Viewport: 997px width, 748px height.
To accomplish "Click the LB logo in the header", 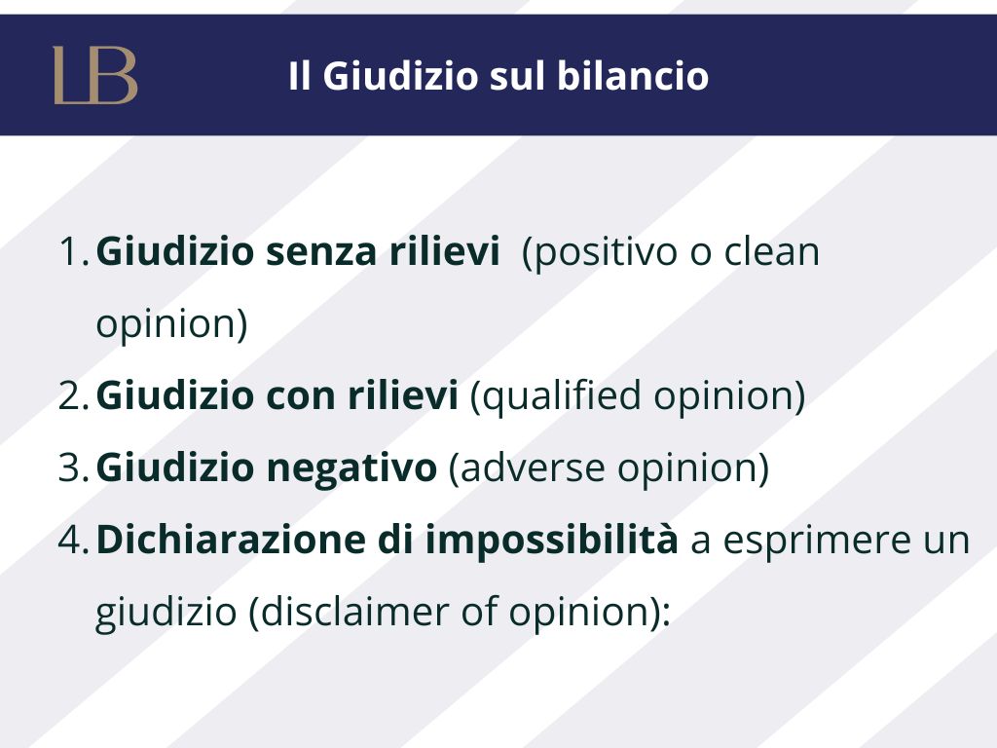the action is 95,75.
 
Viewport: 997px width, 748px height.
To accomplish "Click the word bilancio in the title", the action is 633,76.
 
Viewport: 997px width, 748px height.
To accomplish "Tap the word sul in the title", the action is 518,76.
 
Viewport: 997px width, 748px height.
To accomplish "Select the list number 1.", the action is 73,251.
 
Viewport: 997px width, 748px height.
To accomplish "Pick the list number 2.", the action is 73,395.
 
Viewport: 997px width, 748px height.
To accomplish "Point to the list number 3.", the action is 73,467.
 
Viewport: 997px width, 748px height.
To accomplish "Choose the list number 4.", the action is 73,540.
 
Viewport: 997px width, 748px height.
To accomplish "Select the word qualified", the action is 562,395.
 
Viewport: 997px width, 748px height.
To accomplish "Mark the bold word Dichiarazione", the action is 231,540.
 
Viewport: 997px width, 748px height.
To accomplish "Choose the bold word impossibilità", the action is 552,541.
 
